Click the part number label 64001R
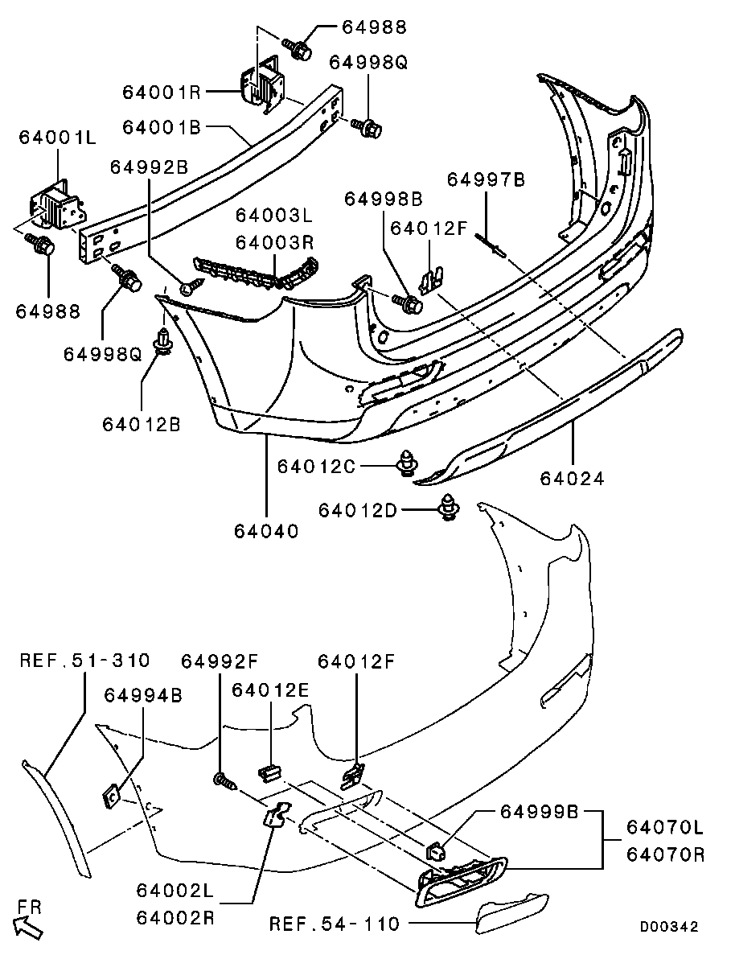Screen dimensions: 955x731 point(161,92)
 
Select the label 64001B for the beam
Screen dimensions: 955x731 point(161,126)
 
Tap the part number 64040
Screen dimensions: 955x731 point(266,531)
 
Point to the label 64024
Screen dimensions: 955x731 point(572,479)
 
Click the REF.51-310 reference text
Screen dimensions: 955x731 point(84,661)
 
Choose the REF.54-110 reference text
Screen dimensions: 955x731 point(334,924)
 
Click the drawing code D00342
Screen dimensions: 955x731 point(668,927)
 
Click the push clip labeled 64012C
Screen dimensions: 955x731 point(409,465)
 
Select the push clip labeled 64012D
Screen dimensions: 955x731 point(449,508)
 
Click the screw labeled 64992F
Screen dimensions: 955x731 point(223,780)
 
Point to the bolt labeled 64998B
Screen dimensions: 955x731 point(409,303)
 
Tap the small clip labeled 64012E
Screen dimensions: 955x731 point(269,772)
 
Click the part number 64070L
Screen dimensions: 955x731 point(665,827)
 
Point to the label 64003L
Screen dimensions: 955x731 point(273,216)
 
